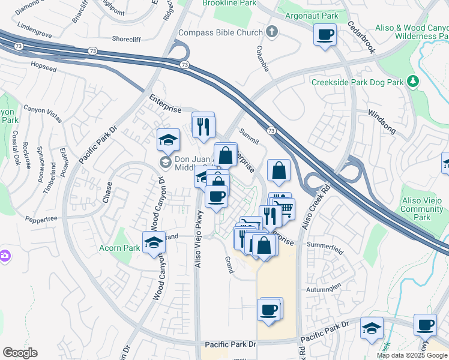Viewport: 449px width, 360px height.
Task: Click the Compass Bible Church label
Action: (x=220, y=32)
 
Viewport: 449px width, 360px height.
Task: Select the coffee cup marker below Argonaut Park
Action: (x=325, y=35)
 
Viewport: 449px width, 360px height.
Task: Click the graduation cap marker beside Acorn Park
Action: (x=154, y=242)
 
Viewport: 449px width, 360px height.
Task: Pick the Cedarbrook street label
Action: (x=361, y=38)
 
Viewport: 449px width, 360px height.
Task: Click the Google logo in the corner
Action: (x=20, y=353)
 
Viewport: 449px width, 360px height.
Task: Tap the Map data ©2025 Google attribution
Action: (x=412, y=355)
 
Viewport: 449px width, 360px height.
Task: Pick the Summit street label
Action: (x=249, y=137)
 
